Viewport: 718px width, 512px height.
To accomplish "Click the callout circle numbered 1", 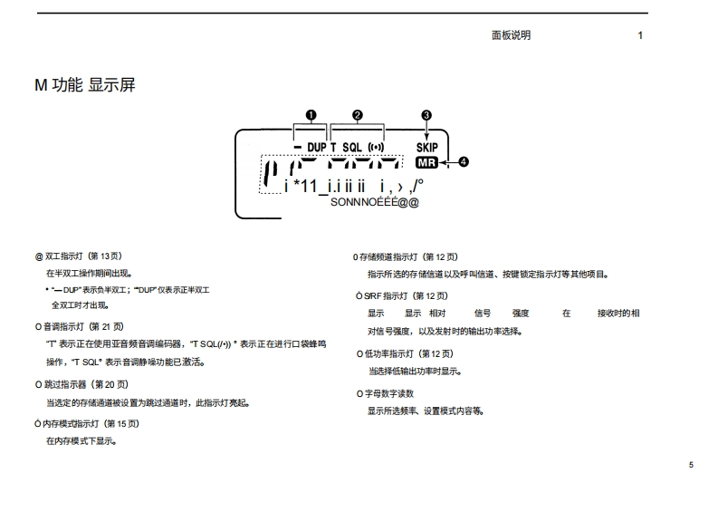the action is click(x=311, y=115).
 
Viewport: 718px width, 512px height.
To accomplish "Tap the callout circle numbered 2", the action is click(x=358, y=115).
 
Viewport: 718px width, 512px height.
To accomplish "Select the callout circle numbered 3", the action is click(x=426, y=115).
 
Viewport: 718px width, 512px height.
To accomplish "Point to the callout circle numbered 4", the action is click(x=464, y=162).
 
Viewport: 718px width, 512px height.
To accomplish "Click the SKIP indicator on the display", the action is click(x=426, y=147).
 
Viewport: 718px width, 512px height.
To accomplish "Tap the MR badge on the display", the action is click(x=426, y=163).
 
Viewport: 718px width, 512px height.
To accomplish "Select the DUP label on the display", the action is click(x=316, y=147).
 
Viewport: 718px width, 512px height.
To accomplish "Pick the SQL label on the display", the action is click(x=352, y=147).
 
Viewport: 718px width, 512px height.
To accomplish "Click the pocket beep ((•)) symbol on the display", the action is click(x=375, y=147).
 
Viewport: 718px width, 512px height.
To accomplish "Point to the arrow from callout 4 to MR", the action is click(x=448, y=163).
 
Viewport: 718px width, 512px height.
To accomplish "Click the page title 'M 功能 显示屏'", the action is click(x=85, y=85).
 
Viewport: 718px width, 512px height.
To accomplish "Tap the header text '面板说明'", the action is click(x=511, y=35).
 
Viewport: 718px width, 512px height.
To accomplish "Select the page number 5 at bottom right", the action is click(x=691, y=465).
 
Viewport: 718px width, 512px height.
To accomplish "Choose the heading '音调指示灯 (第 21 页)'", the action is click(x=84, y=326).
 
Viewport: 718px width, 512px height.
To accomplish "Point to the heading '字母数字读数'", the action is click(x=388, y=393).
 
